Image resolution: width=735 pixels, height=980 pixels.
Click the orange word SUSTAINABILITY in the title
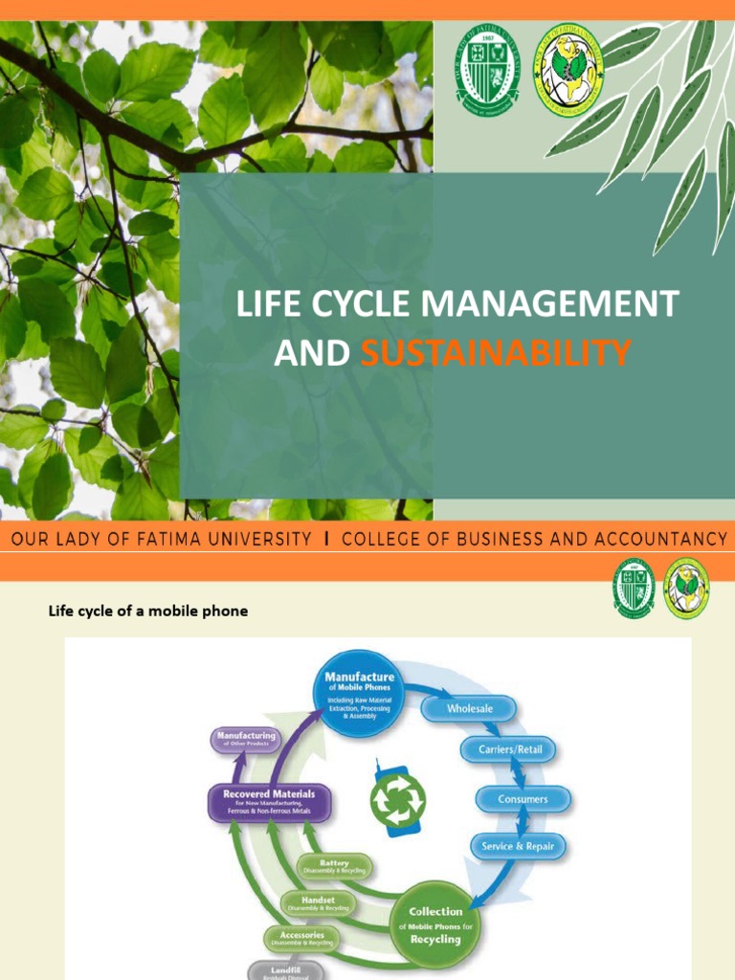496,354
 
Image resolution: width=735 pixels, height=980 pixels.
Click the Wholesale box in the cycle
470,709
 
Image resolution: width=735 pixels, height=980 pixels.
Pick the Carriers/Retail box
509,750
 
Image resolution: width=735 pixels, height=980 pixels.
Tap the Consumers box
523,799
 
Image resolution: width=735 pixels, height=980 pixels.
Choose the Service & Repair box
518,846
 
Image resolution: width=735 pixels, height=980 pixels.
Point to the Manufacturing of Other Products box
243,740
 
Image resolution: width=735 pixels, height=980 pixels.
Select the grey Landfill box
285,969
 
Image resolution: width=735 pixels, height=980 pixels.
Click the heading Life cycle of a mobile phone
148,611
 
